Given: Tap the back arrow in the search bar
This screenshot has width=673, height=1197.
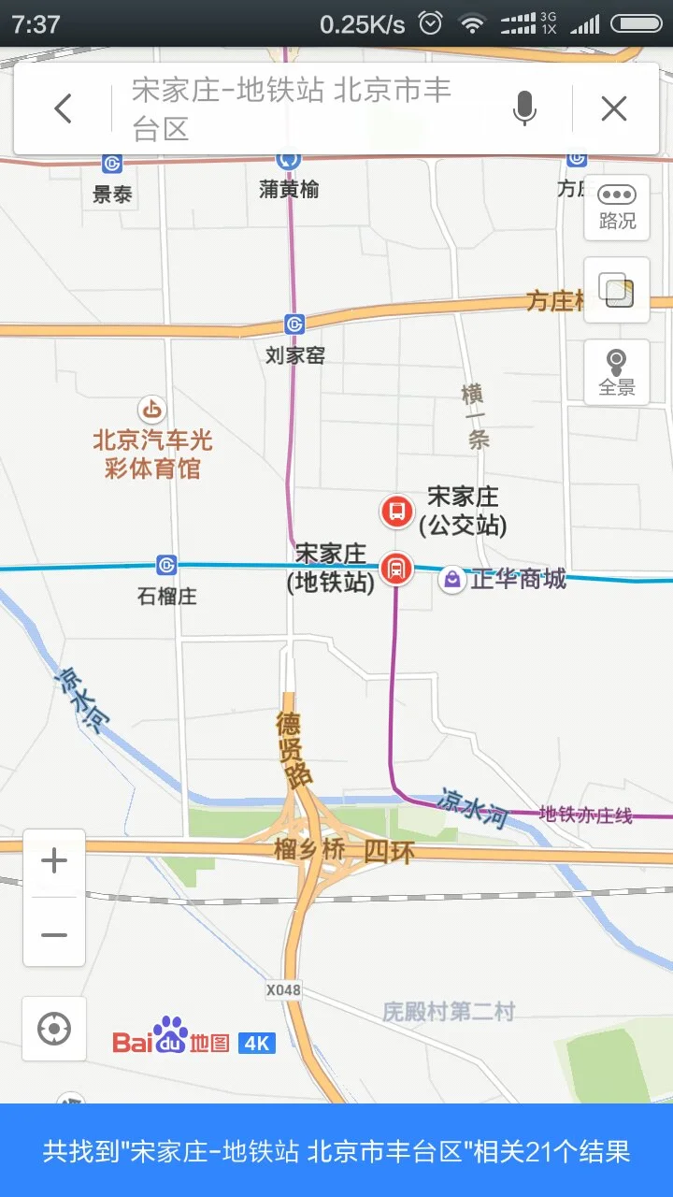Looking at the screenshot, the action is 63,109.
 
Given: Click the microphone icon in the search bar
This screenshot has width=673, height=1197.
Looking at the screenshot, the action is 524,109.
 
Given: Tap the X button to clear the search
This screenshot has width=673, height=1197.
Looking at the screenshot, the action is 614,109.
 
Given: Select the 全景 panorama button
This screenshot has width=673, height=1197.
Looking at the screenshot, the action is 617,371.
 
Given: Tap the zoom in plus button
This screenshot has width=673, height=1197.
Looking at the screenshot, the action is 54,861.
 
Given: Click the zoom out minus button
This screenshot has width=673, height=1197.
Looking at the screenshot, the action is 54,934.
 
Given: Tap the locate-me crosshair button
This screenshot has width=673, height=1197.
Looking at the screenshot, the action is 54,1029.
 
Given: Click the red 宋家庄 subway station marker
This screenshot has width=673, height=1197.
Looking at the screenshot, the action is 396,568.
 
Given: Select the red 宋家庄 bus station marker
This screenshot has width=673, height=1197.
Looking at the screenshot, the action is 396,512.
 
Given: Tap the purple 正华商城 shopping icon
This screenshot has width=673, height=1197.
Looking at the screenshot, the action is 452,580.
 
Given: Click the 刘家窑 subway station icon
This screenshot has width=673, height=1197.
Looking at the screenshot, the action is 295,324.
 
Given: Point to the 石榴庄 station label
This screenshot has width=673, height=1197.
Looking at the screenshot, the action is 167,596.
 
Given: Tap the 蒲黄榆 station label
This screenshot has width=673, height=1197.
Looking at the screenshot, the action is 289,189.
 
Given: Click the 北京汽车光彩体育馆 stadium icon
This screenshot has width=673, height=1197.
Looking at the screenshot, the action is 151,409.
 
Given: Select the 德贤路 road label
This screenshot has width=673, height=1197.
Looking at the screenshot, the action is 295,748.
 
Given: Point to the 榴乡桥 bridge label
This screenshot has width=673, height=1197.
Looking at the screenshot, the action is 309,850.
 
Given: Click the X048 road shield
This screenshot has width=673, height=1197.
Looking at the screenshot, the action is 283,989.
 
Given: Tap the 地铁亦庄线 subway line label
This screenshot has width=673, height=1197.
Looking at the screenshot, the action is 586,815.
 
